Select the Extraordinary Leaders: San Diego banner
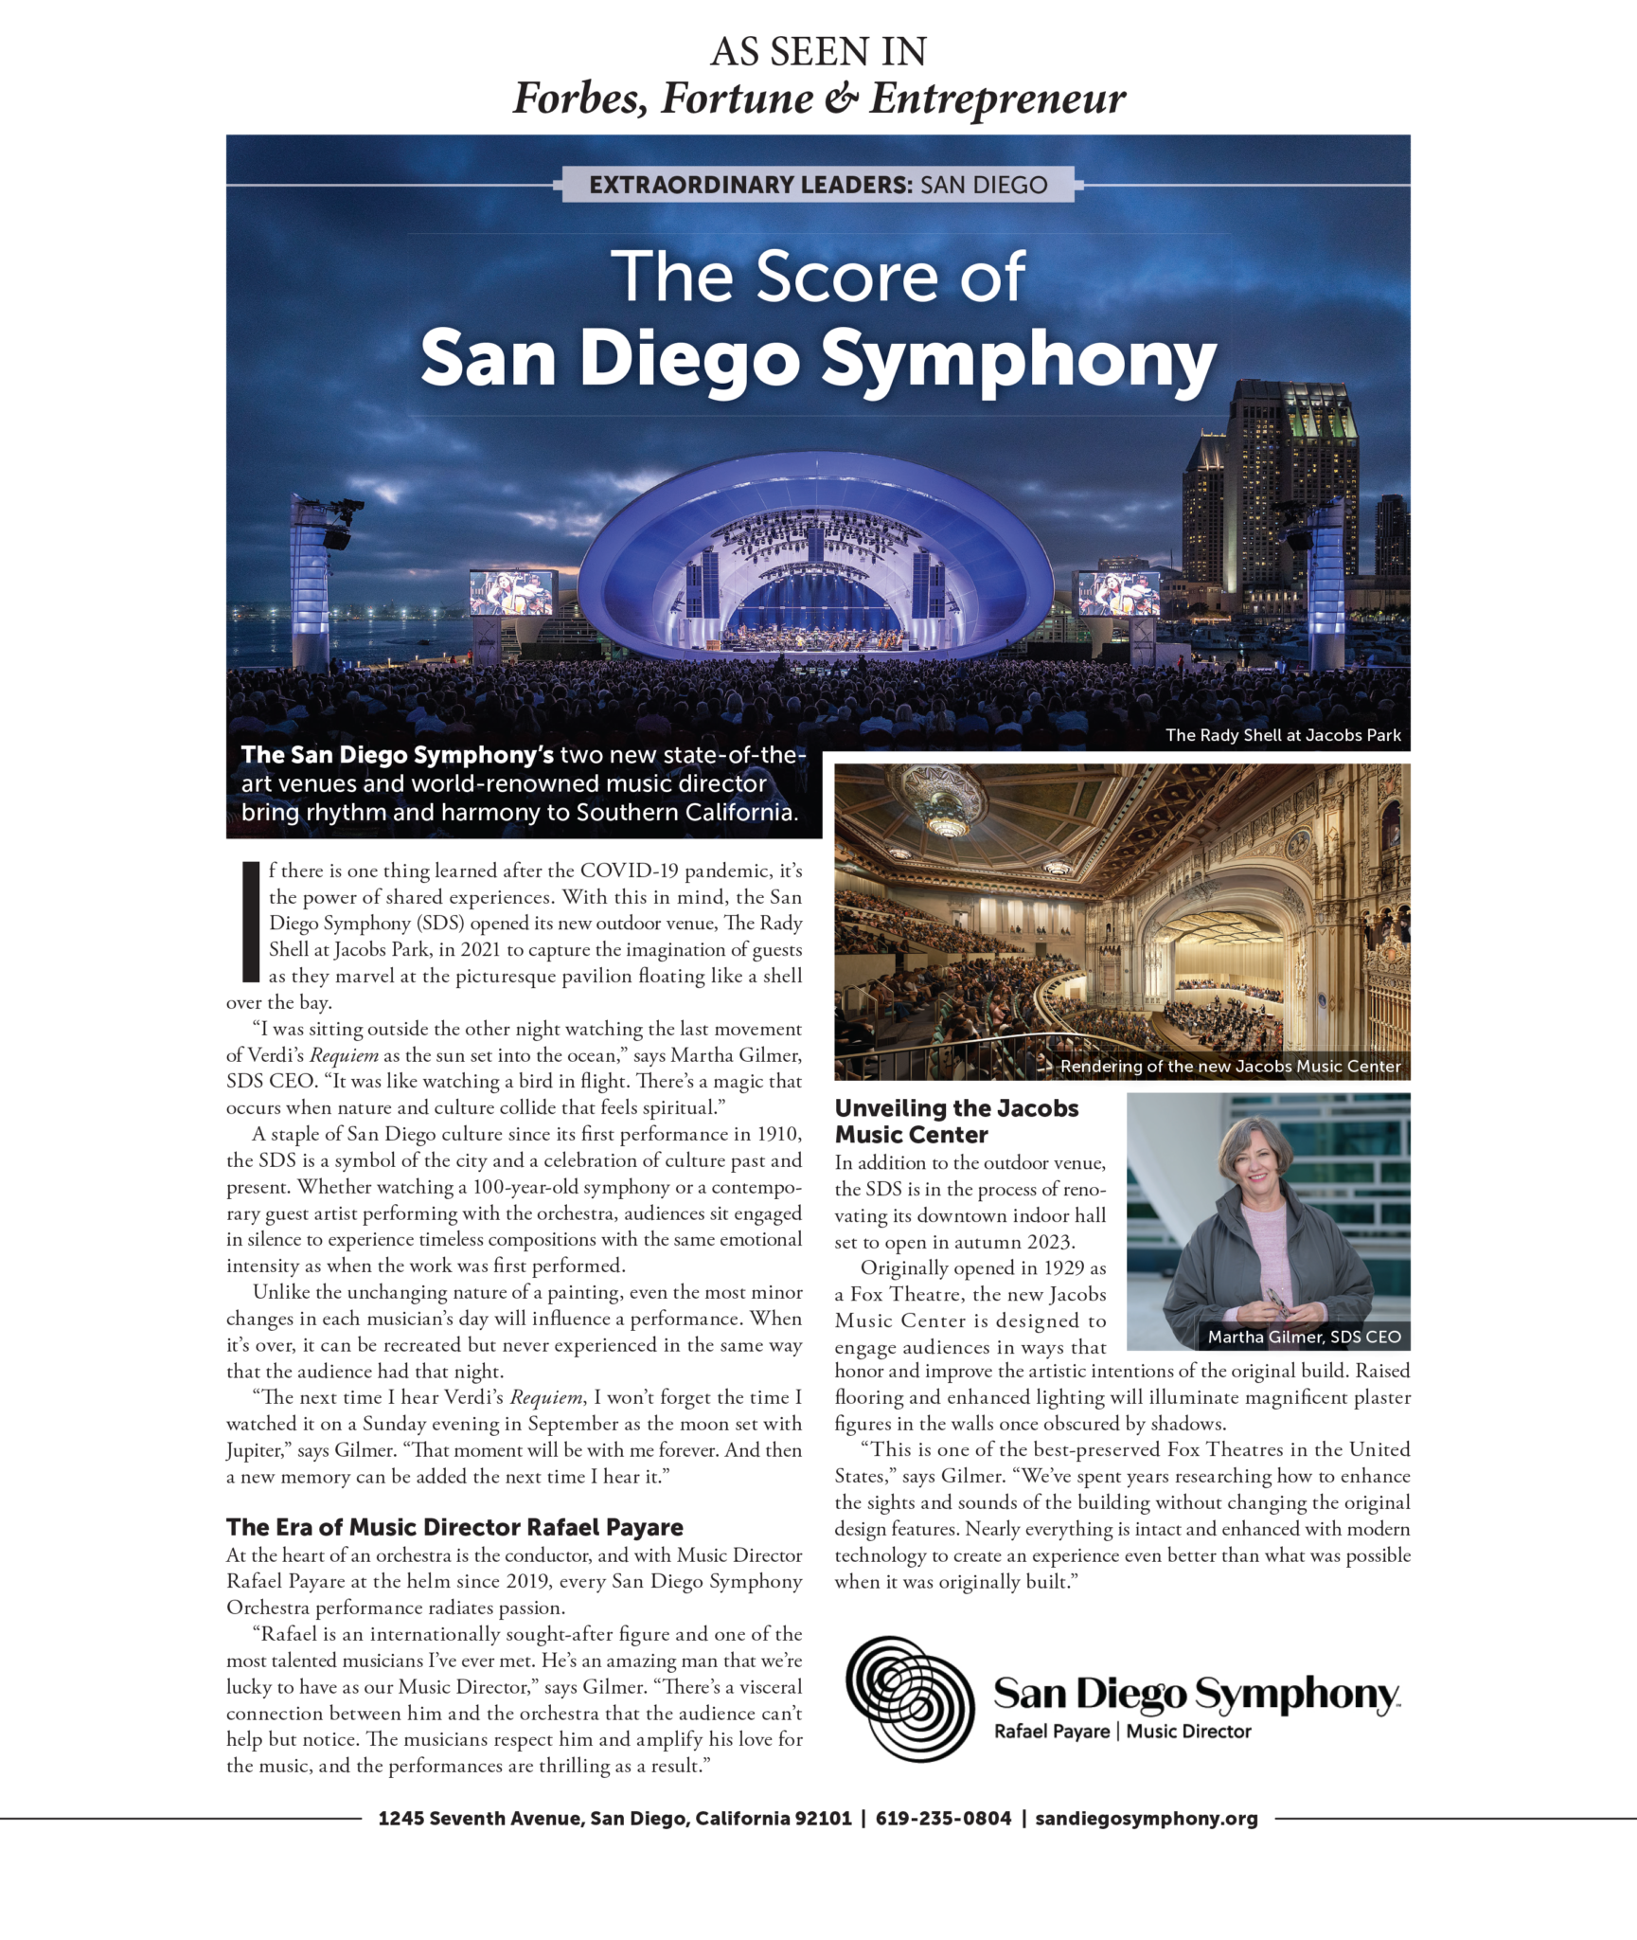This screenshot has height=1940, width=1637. tap(818, 184)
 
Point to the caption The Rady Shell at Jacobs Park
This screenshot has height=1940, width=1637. tap(1283, 735)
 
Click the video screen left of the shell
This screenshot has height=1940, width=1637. tap(511, 593)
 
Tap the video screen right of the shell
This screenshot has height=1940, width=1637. tap(1118, 594)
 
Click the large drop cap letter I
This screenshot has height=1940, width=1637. tap(250, 921)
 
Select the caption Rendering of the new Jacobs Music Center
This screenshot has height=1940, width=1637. tap(1229, 1066)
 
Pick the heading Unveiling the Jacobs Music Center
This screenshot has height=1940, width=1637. tap(956, 1122)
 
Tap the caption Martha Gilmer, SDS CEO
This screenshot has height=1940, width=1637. tap(1304, 1337)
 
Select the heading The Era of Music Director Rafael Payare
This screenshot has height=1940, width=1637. tap(454, 1527)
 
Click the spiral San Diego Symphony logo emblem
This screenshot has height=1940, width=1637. tap(909, 1697)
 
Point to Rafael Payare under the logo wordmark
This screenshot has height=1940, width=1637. tap(1051, 1732)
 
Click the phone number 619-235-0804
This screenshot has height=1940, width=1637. tap(943, 1818)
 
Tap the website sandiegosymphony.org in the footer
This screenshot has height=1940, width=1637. tap(1146, 1818)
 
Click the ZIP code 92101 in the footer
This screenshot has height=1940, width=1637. tap(823, 1818)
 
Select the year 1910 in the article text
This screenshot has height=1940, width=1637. tap(778, 1134)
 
